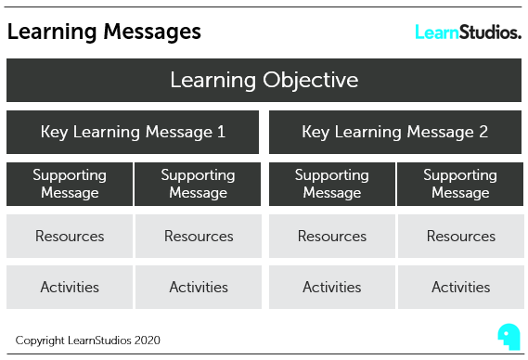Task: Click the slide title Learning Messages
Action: (104, 32)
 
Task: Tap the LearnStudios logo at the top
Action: (467, 32)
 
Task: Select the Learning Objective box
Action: (264, 80)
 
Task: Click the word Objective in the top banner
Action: (309, 80)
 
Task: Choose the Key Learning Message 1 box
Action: (133, 132)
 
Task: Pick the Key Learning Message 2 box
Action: (394, 132)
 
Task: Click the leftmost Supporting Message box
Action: (70, 184)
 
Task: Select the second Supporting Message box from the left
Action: (198, 184)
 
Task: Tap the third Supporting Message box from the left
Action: (332, 184)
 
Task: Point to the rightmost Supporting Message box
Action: (460, 184)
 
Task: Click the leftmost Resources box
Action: (70, 236)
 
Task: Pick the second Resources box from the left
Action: (198, 236)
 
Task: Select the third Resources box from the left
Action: (332, 236)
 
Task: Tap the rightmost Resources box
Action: (460, 236)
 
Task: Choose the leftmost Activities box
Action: (70, 287)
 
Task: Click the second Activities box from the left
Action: (198, 287)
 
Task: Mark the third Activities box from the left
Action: (332, 287)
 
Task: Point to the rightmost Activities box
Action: (460, 287)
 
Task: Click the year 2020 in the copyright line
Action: (146, 341)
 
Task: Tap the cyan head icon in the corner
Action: (508, 335)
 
